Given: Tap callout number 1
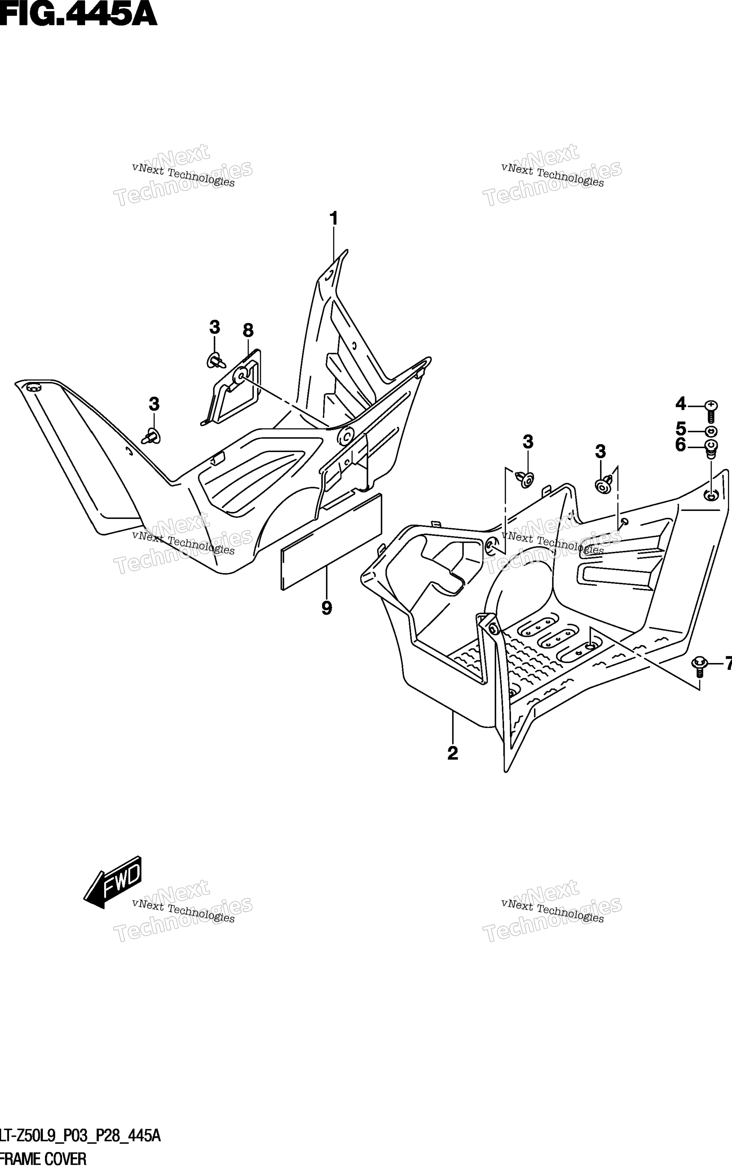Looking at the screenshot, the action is (x=333, y=219).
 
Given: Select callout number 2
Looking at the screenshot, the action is (x=453, y=753).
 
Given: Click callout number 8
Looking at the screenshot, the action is (x=248, y=330).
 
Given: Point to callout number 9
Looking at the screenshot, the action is (x=327, y=608).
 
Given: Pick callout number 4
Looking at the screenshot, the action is (x=681, y=403).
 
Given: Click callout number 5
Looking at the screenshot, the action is (x=681, y=428).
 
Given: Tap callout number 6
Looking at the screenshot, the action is (x=681, y=444).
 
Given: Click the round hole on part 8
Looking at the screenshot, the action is (x=240, y=375).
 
